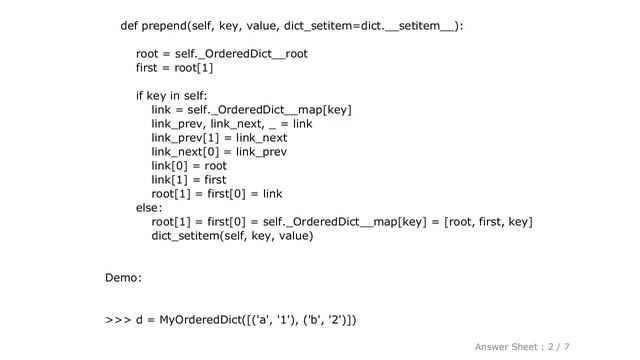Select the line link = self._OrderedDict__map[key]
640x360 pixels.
[251, 110]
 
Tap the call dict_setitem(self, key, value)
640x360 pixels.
[232, 236]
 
